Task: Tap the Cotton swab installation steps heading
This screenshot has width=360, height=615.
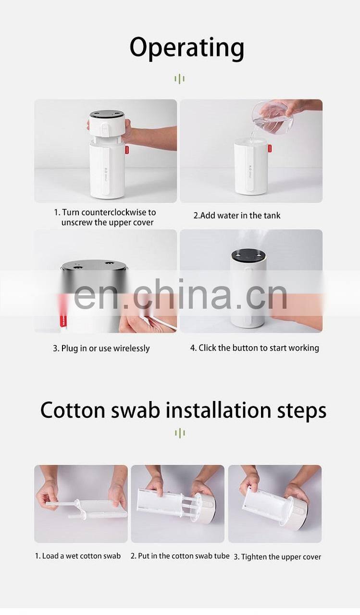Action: click(x=183, y=411)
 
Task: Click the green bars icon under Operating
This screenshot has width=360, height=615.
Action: click(x=180, y=79)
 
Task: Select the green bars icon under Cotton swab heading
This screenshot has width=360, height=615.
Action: click(x=180, y=433)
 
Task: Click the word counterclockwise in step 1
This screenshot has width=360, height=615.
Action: click(x=115, y=212)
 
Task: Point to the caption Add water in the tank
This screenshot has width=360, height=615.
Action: click(x=237, y=215)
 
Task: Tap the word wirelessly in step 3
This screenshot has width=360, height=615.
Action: click(x=131, y=349)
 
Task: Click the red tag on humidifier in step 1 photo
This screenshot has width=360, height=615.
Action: click(x=127, y=150)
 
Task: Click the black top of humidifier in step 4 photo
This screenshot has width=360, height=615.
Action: click(x=248, y=255)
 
